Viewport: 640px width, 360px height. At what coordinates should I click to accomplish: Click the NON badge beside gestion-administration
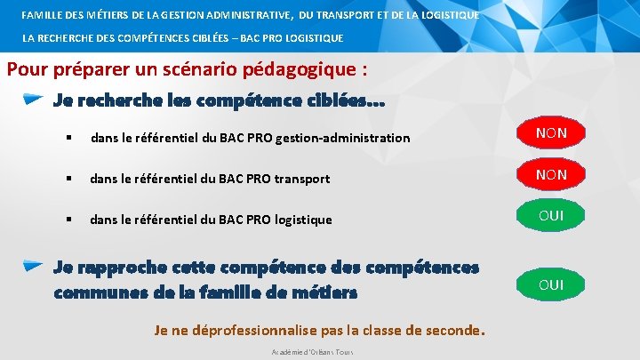click(x=551, y=133)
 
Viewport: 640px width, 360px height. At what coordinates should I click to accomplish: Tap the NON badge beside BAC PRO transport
click(x=551, y=174)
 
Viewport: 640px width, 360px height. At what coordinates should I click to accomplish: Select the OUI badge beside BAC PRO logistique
click(x=551, y=215)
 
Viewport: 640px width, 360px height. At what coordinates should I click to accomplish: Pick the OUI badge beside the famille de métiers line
click(x=551, y=284)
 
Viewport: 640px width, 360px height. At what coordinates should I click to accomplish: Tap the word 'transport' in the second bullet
click(x=302, y=179)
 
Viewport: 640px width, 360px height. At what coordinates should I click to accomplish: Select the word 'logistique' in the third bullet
click(x=304, y=220)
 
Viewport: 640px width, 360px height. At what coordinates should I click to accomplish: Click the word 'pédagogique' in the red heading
click(x=283, y=69)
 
